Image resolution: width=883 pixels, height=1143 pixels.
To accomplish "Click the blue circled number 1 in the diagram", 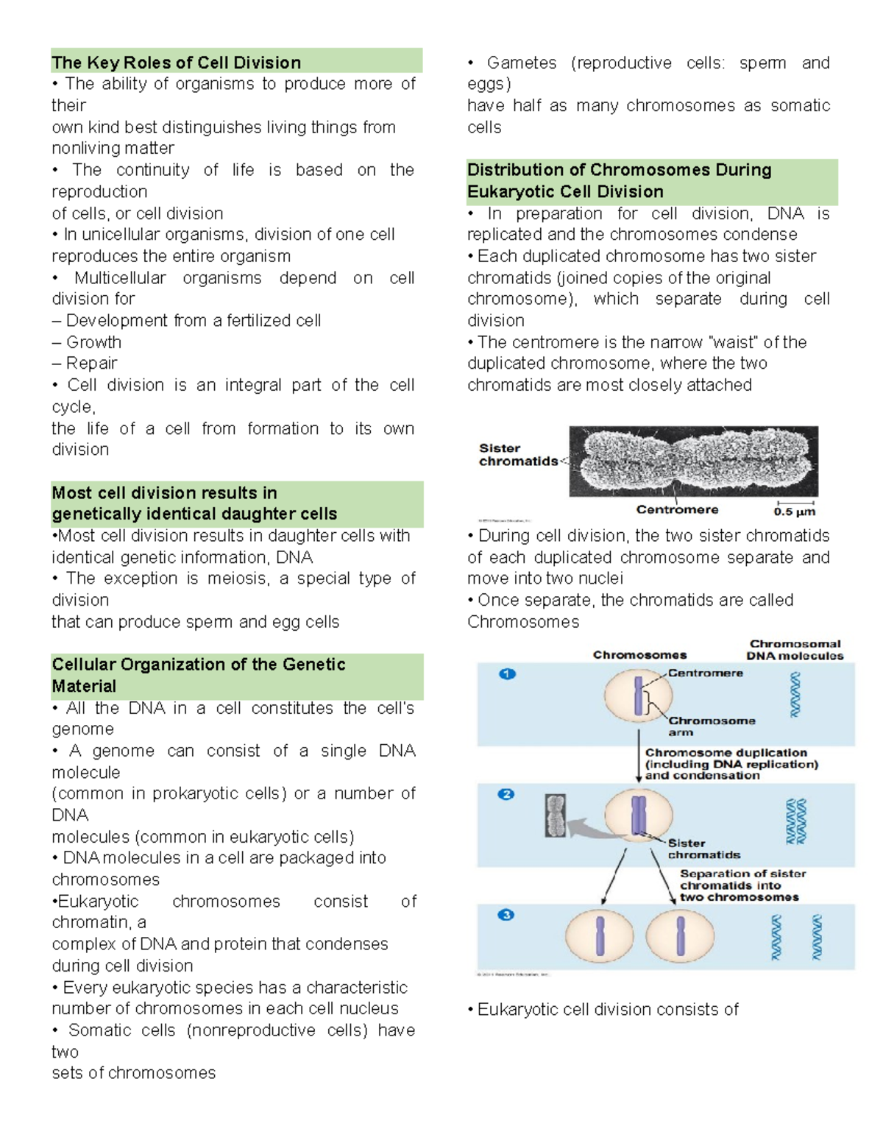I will (x=507, y=673).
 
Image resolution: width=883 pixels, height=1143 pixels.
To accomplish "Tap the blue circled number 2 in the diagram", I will (x=506, y=794).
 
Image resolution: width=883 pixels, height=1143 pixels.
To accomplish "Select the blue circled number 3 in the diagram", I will (x=506, y=915).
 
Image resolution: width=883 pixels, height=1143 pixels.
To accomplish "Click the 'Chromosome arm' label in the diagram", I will (x=711, y=726).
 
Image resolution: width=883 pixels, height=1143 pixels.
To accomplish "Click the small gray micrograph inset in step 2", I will (x=556, y=815).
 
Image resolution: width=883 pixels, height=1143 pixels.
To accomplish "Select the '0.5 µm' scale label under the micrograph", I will (x=794, y=512).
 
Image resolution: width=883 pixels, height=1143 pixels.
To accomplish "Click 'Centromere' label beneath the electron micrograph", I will (x=677, y=509).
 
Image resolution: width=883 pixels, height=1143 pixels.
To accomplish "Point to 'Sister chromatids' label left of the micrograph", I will (x=517, y=455).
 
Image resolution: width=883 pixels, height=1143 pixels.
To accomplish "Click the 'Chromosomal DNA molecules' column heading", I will (x=795, y=650).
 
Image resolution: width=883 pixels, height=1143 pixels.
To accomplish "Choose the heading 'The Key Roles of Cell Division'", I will (x=176, y=63).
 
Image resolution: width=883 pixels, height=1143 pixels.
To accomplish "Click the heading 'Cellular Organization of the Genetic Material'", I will (x=198, y=675).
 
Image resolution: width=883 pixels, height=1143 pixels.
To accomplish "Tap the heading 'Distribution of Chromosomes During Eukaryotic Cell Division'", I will (x=619, y=180).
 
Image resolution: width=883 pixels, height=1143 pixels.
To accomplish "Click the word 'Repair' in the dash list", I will (x=91, y=364).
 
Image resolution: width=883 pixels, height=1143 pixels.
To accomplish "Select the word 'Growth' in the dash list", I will (x=93, y=342).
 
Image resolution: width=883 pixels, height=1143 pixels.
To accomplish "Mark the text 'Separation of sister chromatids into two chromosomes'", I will (x=742, y=885).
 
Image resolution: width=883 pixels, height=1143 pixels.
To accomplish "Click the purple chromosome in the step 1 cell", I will (x=639, y=696).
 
